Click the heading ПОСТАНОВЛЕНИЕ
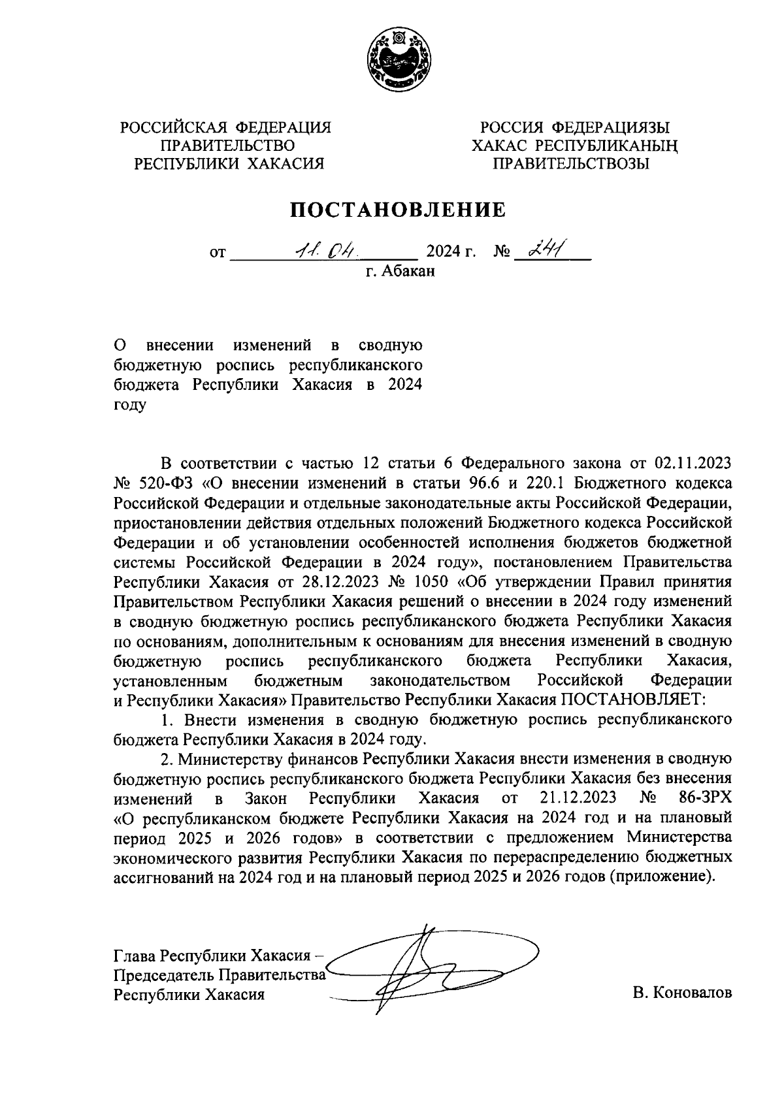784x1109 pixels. (x=398, y=210)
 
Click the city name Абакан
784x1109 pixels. (x=408, y=271)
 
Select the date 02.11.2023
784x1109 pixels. (x=693, y=463)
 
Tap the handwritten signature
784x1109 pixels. (x=418, y=967)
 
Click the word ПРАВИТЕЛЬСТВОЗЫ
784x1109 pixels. (x=570, y=164)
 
